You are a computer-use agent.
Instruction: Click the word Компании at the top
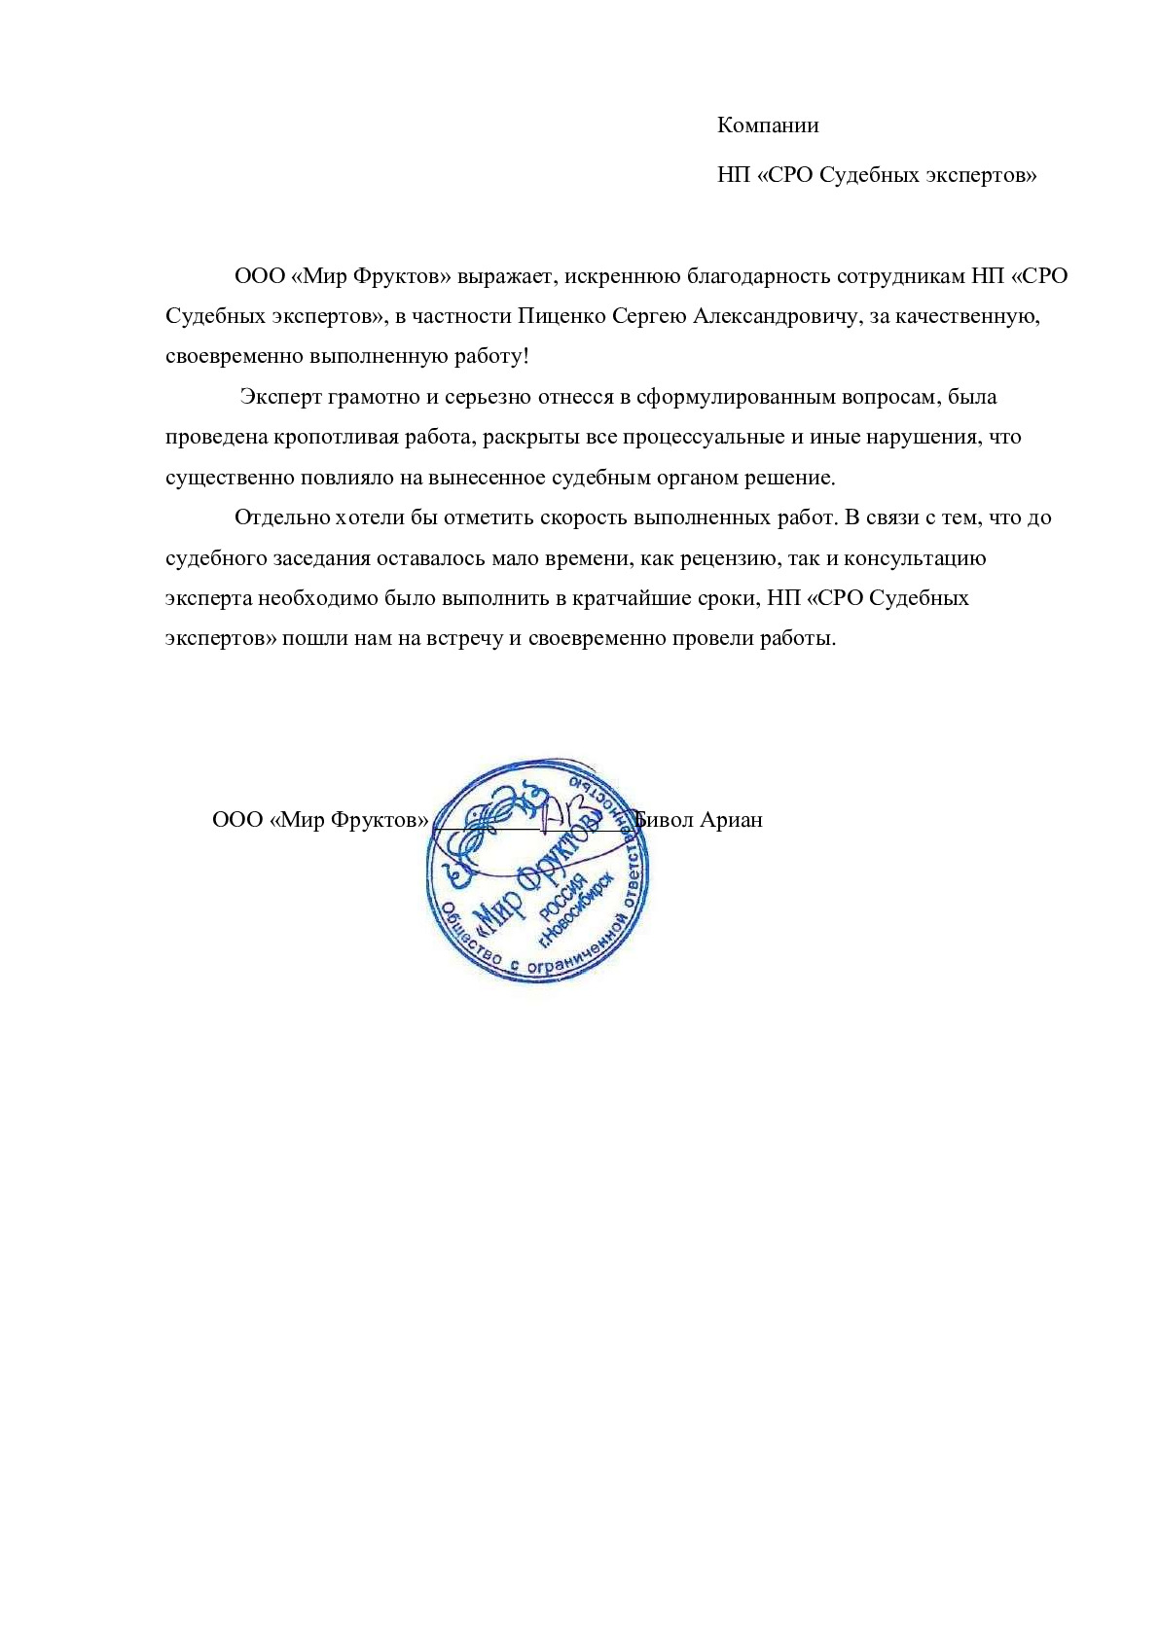(x=768, y=125)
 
